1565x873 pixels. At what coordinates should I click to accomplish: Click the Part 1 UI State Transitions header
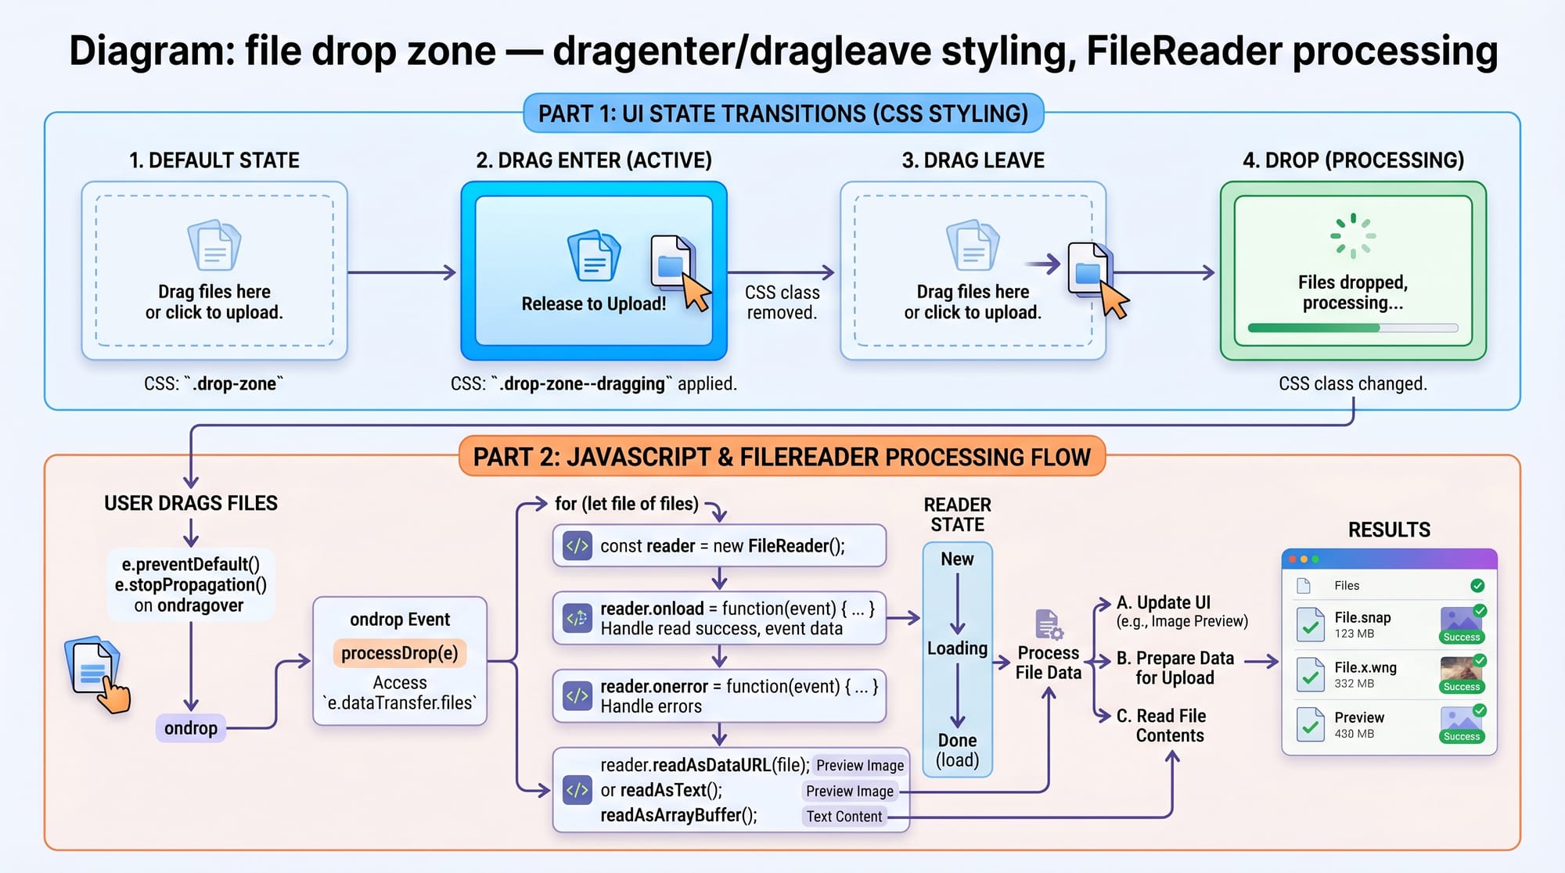782,113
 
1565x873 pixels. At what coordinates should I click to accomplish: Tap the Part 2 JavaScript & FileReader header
782,457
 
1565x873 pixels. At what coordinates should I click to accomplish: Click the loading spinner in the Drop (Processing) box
1353,235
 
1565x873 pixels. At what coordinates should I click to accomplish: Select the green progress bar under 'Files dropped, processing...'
1314,329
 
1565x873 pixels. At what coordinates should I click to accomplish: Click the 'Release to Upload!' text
594,304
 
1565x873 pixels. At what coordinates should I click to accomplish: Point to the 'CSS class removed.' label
782,302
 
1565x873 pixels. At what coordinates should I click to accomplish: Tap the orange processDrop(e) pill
400,653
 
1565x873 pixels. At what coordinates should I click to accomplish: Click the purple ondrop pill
191,728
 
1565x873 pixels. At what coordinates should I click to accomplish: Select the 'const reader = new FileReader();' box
719,546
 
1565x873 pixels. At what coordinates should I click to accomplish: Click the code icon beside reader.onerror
577,695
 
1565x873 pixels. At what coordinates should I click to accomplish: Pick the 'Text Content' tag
844,817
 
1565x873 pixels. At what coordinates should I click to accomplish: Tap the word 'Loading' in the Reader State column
957,648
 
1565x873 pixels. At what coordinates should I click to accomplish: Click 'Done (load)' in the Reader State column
957,750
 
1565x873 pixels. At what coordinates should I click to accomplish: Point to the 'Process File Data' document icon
1048,625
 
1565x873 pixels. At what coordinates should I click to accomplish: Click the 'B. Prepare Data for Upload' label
1175,668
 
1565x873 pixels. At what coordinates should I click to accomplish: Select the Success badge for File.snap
1461,637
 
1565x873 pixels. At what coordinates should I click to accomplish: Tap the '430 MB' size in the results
1355,734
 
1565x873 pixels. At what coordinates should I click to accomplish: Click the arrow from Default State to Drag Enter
402,272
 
